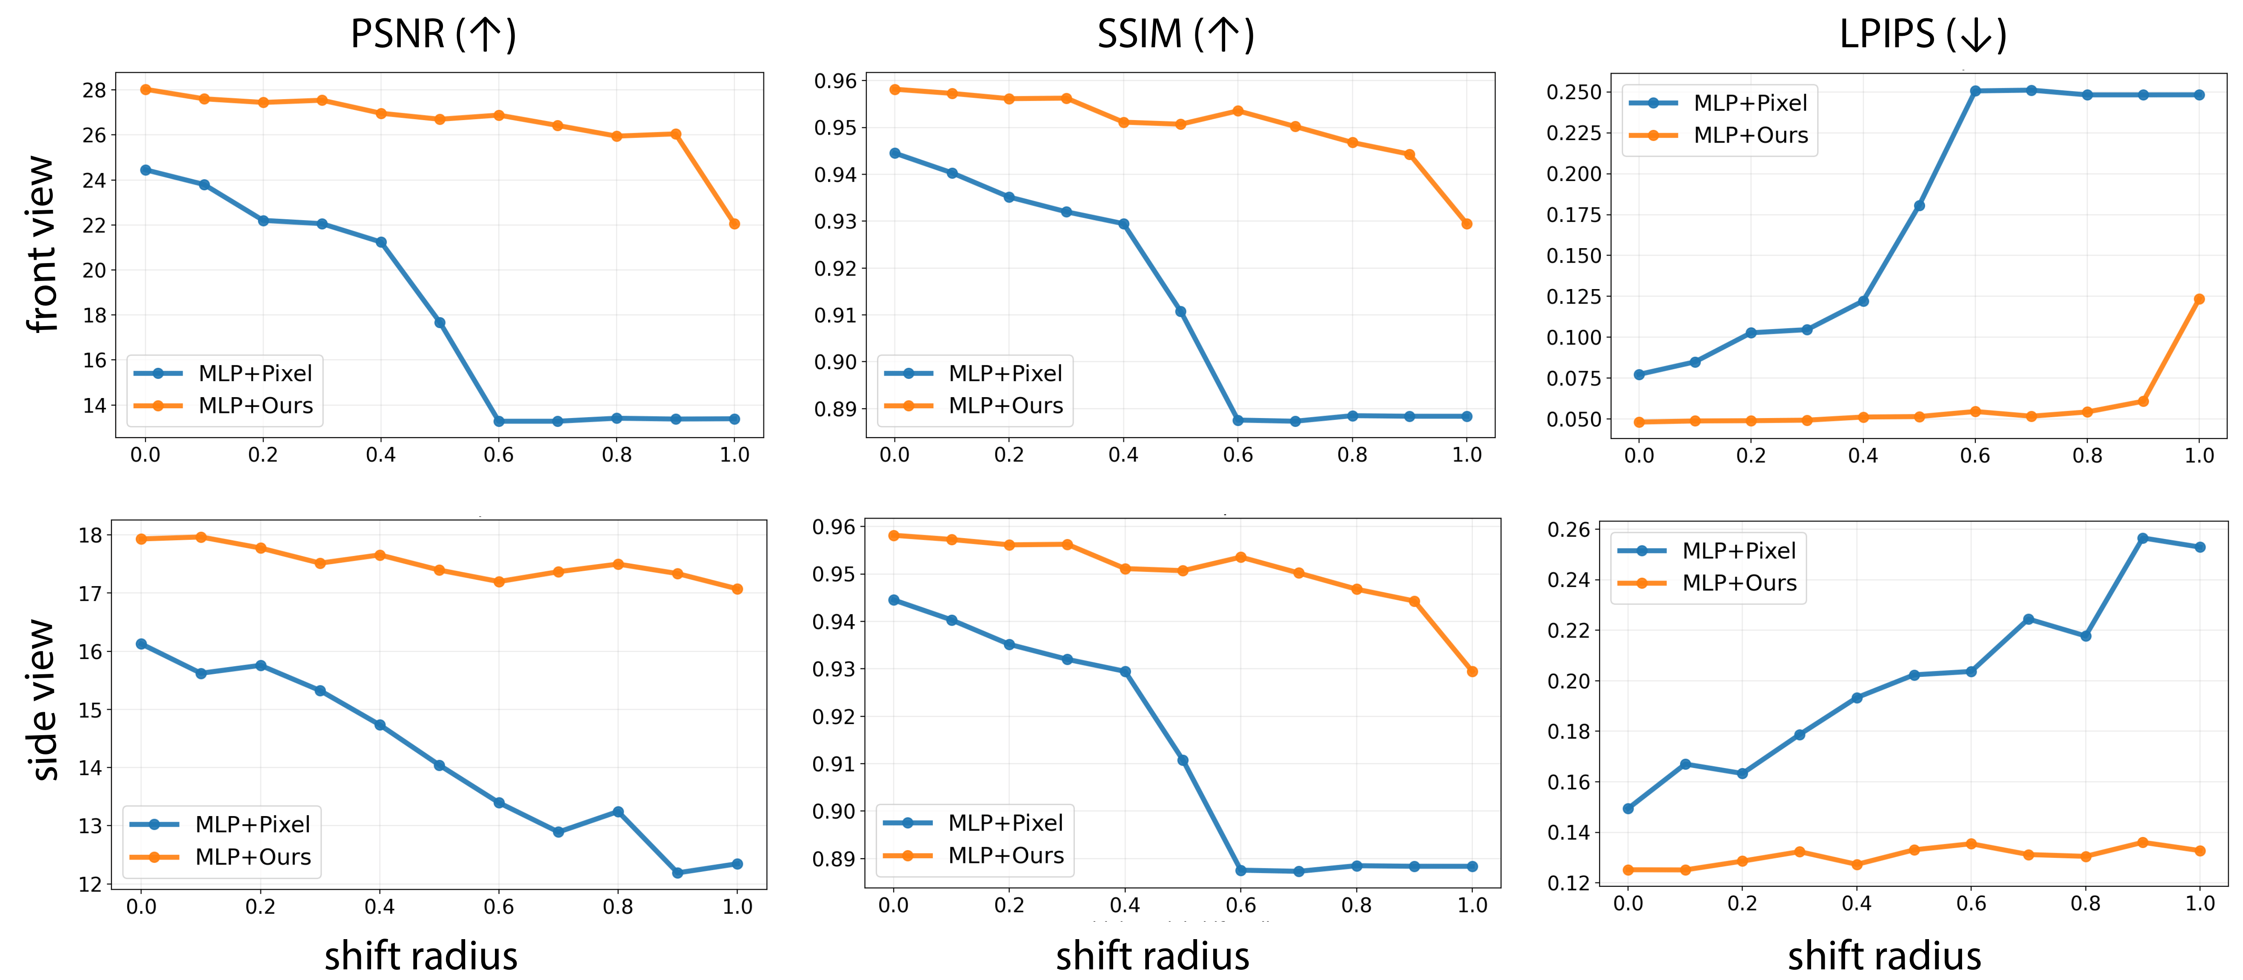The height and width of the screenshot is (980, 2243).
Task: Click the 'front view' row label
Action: [41, 244]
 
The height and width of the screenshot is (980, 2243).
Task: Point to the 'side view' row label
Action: [41, 699]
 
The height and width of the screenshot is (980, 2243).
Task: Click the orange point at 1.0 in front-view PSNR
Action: [734, 224]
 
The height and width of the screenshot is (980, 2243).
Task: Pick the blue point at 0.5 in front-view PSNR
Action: [440, 322]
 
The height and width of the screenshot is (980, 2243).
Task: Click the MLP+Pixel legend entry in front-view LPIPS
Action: [1750, 103]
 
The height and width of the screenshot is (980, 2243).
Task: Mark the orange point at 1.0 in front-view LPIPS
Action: [2199, 299]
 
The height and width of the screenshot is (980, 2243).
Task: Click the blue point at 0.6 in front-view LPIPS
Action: [1975, 91]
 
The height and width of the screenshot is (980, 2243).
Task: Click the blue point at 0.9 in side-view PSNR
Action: [677, 872]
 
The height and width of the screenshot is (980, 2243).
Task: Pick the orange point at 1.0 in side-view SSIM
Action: [1472, 672]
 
